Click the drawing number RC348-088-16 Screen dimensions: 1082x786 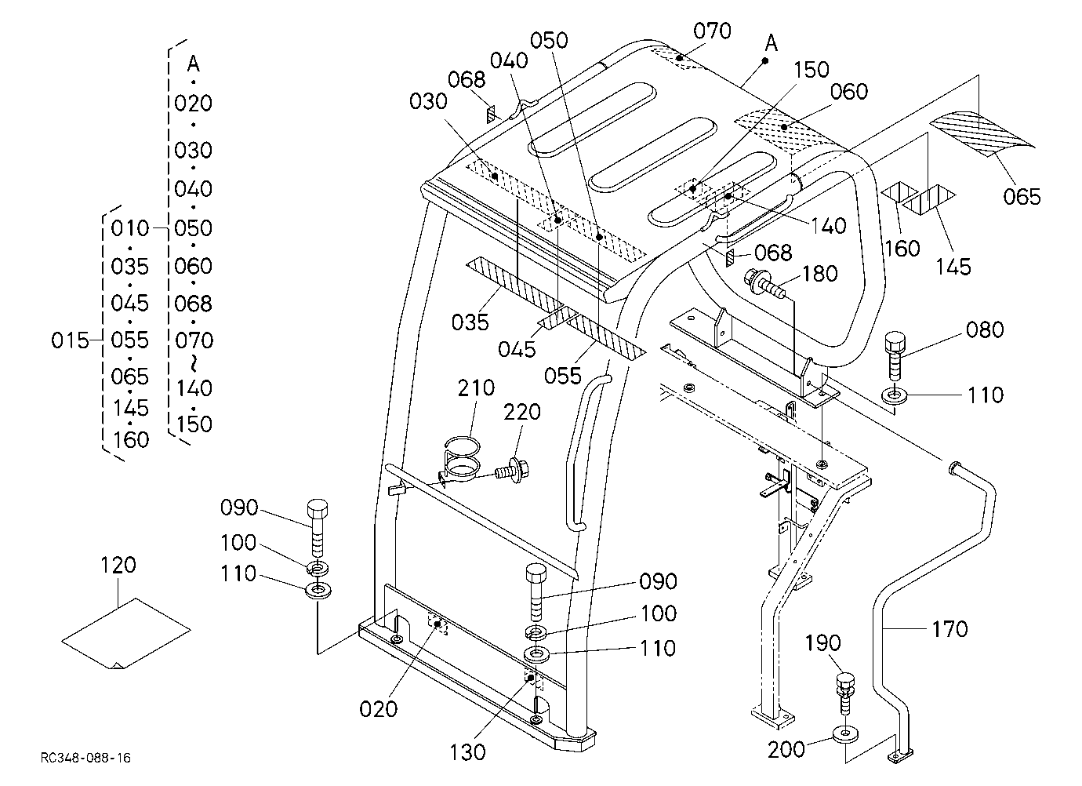tap(85, 758)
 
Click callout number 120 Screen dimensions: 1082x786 tap(118, 565)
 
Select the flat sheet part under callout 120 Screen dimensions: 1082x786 tap(126, 633)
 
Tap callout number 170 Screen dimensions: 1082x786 tap(949, 629)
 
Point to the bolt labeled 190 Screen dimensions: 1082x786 tap(845, 693)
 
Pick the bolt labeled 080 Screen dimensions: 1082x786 tap(895, 356)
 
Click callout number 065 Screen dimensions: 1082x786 tap(1022, 197)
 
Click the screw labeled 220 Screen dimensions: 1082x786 tap(513, 470)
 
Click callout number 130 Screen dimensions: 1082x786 tap(467, 751)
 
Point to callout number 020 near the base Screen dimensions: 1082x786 tap(378, 709)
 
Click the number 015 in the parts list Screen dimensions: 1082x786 tap(70, 340)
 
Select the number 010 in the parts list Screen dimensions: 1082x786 tap(130, 227)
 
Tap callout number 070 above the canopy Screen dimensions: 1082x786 tap(713, 31)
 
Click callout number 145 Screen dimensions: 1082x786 tap(953, 267)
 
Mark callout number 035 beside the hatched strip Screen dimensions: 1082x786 tap(470, 322)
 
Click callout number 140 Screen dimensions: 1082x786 tap(829, 226)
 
